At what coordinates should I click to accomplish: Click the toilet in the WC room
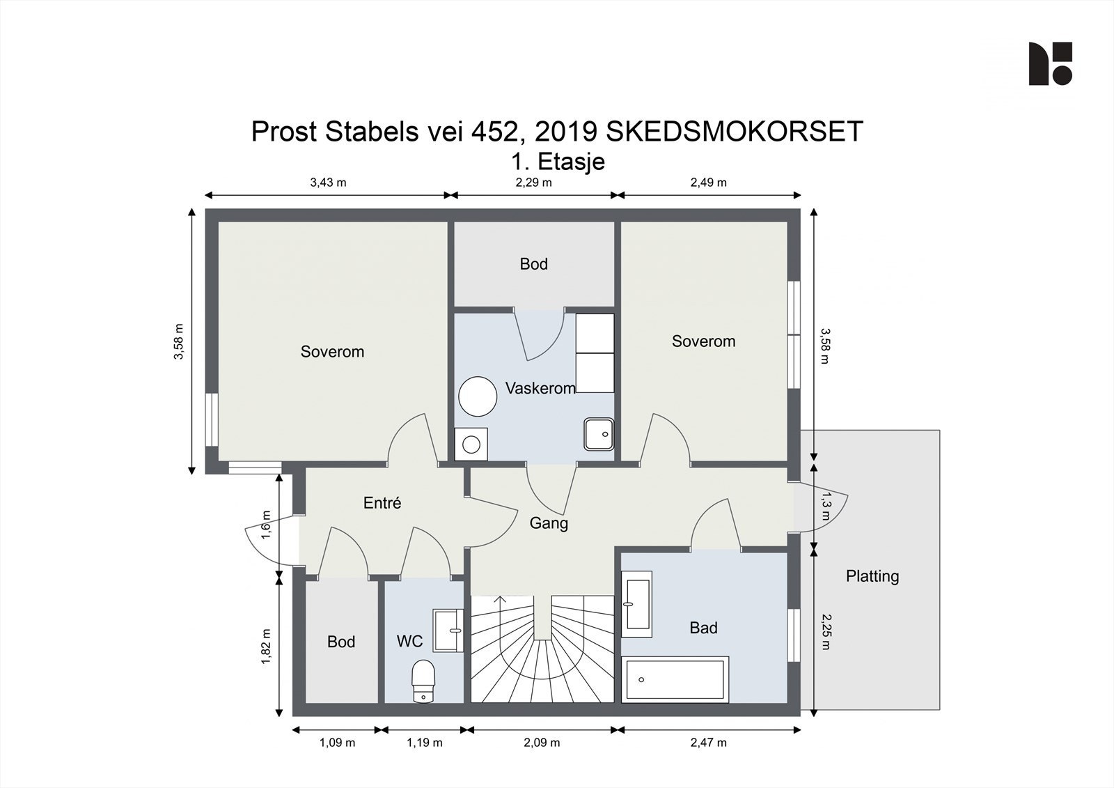pos(423,681)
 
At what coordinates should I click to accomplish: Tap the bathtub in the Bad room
pos(675,679)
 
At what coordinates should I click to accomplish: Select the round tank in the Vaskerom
pos(478,396)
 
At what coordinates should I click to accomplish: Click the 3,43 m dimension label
pos(328,183)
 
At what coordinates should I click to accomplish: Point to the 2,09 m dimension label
pos(542,743)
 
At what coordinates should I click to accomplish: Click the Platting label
pos(872,576)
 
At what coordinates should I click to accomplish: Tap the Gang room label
pos(549,523)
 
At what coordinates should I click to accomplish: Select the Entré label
pos(382,503)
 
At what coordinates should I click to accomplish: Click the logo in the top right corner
pos(1050,63)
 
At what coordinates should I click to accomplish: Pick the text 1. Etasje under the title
pos(558,162)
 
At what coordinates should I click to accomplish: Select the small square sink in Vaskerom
pos(599,434)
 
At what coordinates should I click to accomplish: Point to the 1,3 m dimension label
pos(826,507)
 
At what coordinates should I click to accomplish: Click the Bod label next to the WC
pos(341,642)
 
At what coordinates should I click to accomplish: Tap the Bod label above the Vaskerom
pos(533,264)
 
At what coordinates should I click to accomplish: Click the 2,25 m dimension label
pos(826,631)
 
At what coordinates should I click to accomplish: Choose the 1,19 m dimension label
pos(425,743)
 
